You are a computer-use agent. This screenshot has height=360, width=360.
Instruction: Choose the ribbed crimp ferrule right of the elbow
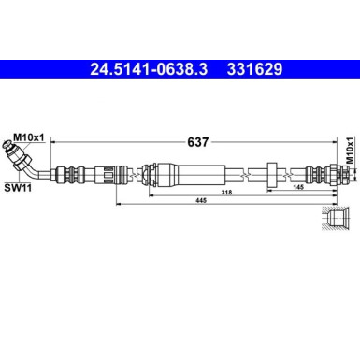tap(70, 172)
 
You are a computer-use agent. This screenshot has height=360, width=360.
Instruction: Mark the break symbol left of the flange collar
tap(247, 172)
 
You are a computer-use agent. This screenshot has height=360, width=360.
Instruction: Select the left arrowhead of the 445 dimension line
tap(116, 201)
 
